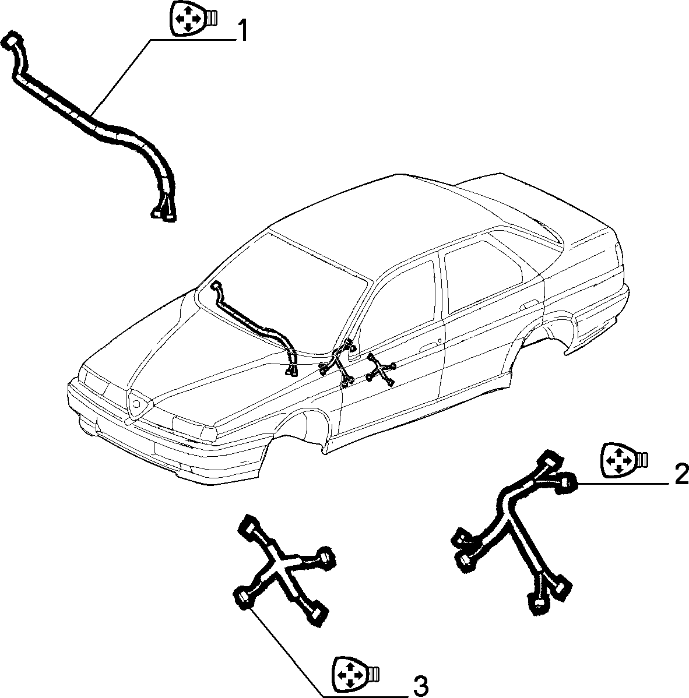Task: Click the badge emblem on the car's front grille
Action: (x=139, y=404)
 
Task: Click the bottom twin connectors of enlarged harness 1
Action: (x=163, y=213)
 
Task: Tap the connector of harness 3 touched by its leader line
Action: (x=243, y=598)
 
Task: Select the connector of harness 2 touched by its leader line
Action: (x=567, y=482)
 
